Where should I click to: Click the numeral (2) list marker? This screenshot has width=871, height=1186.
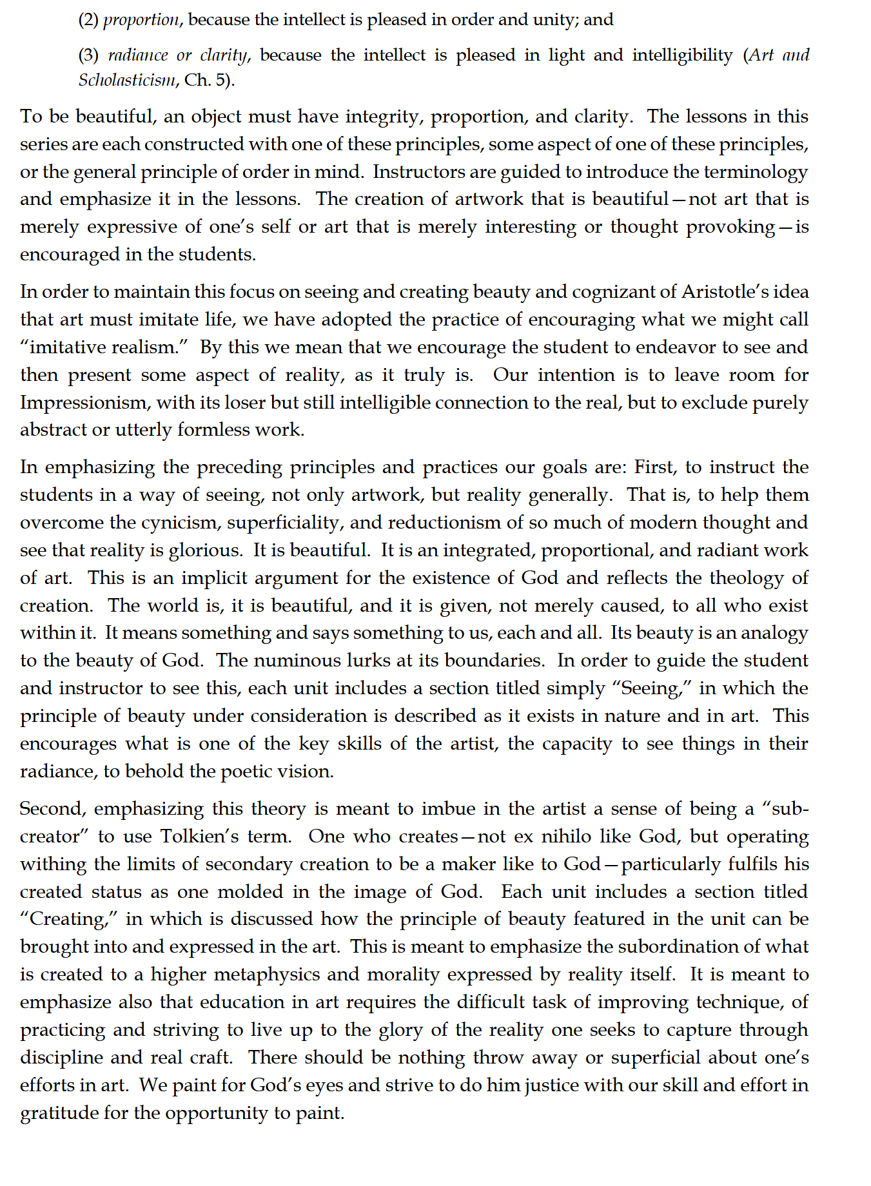[88, 20]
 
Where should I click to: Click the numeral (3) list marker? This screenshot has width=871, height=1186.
[88, 55]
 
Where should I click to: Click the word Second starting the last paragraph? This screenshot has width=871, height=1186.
[54, 809]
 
